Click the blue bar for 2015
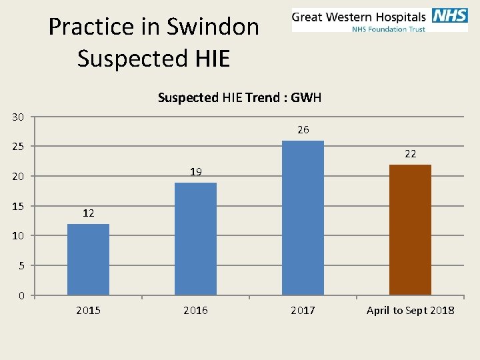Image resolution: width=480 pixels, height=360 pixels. point(88,259)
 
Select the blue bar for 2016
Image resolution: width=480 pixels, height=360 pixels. point(195,239)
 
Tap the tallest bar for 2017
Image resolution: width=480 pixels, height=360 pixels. point(303,218)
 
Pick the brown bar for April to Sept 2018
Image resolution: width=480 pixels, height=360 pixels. point(410,229)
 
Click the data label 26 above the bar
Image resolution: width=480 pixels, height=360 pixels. point(303,130)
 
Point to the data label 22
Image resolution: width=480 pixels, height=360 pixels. point(410,154)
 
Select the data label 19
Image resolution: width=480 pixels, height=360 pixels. point(195,172)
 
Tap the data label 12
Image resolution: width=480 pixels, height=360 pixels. point(88,213)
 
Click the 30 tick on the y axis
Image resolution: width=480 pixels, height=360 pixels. point(18,117)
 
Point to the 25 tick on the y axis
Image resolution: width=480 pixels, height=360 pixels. point(18,147)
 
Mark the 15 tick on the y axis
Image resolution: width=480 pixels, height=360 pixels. point(18,206)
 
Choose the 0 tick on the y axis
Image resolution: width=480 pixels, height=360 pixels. point(21,295)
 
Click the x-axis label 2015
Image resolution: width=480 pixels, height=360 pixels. point(88,311)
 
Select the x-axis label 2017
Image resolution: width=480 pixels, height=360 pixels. point(303,311)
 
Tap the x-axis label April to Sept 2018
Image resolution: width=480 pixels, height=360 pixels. point(410,311)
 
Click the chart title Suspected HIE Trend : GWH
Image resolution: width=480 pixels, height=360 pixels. point(239,98)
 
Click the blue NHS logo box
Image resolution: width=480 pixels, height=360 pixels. point(449,16)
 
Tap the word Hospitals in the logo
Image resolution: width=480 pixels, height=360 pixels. point(399,17)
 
